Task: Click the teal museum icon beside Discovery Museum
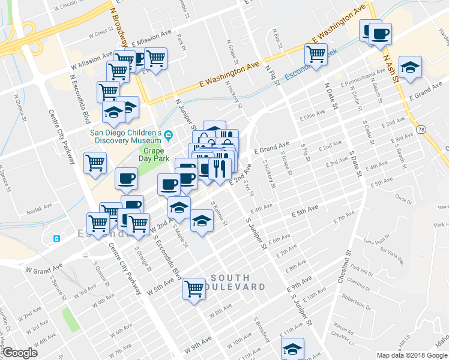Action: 169,133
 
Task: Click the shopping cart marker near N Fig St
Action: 316,55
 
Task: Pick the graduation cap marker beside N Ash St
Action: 411,67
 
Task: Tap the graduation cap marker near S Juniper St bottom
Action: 292,349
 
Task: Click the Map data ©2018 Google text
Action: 412,355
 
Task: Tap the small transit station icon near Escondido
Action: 56,238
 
